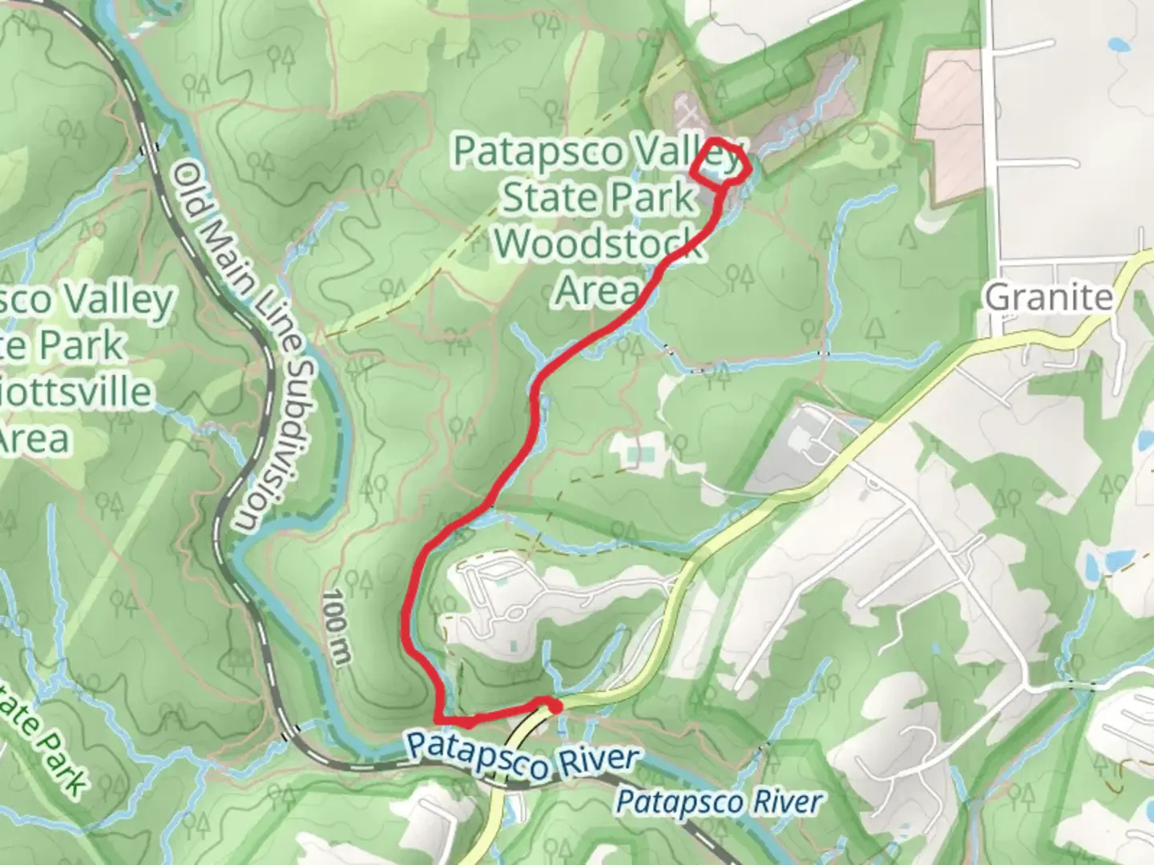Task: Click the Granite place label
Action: coord(1049,298)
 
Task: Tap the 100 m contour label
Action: coord(338,629)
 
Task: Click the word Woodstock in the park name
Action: coord(599,244)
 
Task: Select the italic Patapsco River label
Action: coord(720,802)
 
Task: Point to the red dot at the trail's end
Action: coord(555,706)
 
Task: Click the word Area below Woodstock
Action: coord(597,290)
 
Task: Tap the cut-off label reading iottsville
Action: coord(76,392)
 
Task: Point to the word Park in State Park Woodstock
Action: coord(653,197)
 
